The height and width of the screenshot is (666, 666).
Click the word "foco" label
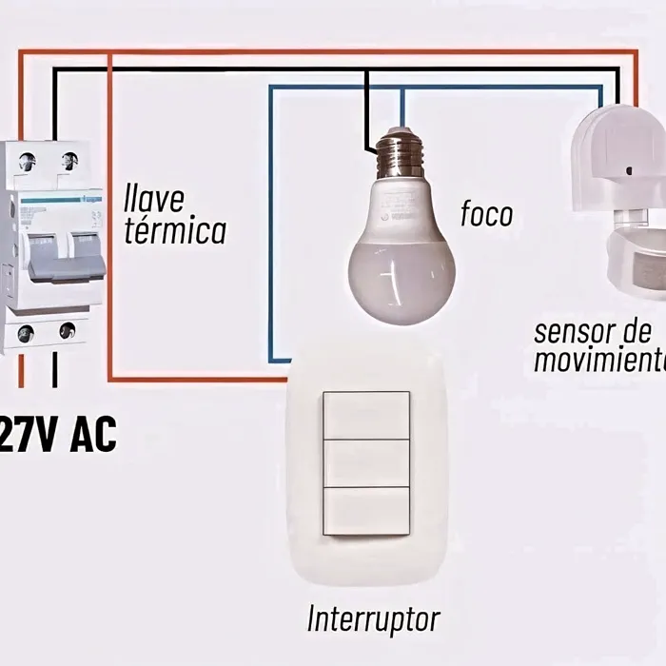tap(486, 213)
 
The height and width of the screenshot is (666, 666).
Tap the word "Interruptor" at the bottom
tap(373, 619)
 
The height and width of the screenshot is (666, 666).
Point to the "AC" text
tap(92, 436)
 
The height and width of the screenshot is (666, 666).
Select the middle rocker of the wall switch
tap(366, 463)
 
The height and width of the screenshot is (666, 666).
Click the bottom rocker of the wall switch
tap(366, 511)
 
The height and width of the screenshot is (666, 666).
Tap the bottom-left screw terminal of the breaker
tap(26, 333)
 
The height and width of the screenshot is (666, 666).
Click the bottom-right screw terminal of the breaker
tap(67, 331)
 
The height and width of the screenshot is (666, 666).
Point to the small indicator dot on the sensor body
tap(629, 170)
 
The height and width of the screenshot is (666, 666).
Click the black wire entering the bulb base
tap(366, 124)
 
